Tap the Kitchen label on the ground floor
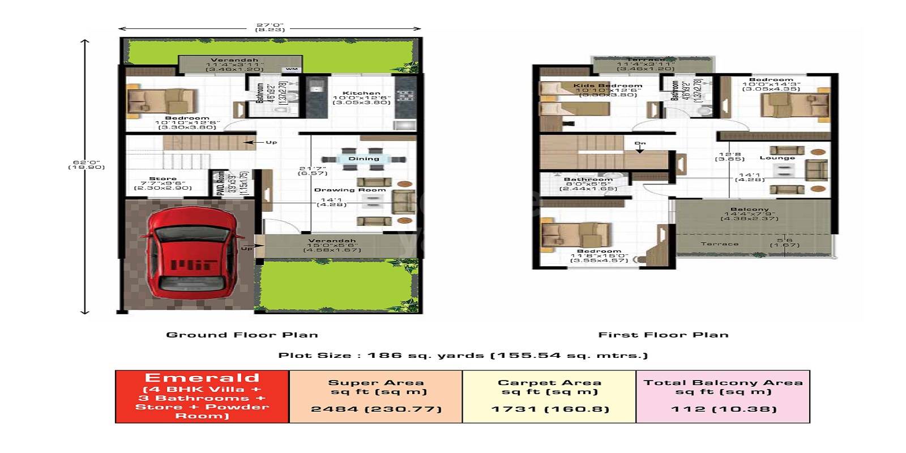362,93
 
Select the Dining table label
364,159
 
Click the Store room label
163,179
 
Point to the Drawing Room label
350,190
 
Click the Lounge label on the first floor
777,158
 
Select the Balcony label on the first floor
749,210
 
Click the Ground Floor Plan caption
242,335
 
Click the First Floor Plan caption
663,335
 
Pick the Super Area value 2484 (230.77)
376,409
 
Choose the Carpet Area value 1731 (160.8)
550,409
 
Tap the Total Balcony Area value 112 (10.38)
723,409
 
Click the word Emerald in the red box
202,378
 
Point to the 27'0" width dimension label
270,25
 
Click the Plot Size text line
463,356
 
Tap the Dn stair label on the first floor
640,143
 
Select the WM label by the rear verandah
292,69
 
